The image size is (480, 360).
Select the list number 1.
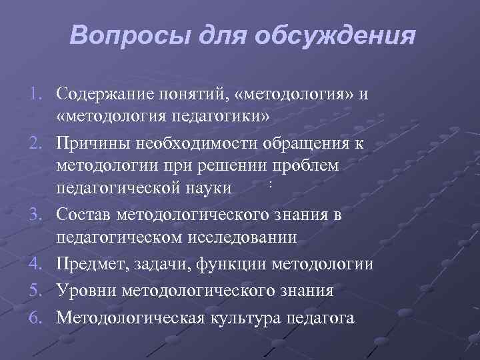click(37, 91)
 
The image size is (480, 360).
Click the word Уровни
click(83, 291)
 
